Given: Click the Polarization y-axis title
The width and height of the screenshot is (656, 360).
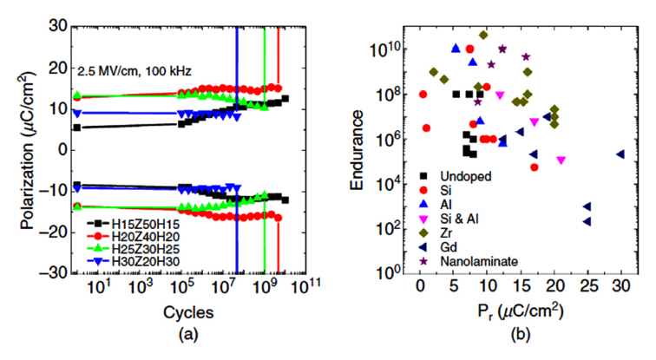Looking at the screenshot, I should pos(25,149).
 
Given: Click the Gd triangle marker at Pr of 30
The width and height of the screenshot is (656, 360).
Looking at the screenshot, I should pos(620,154).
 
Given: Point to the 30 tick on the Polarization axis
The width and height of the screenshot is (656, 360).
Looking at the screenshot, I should pos(58,26).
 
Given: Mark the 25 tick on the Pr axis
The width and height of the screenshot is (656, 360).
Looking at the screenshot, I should pos(587,285).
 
